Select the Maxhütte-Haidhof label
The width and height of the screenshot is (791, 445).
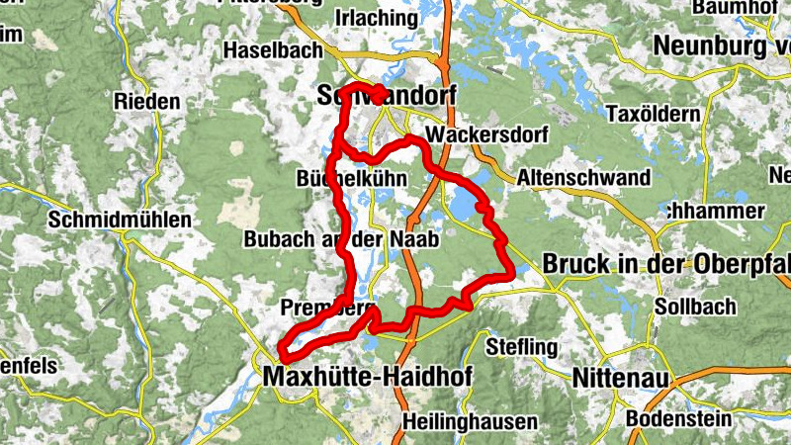click(x=368, y=377)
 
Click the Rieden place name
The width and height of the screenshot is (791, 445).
click(x=147, y=101)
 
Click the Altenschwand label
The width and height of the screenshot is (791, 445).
click(x=584, y=178)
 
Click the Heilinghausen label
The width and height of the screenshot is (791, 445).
click(x=470, y=422)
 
